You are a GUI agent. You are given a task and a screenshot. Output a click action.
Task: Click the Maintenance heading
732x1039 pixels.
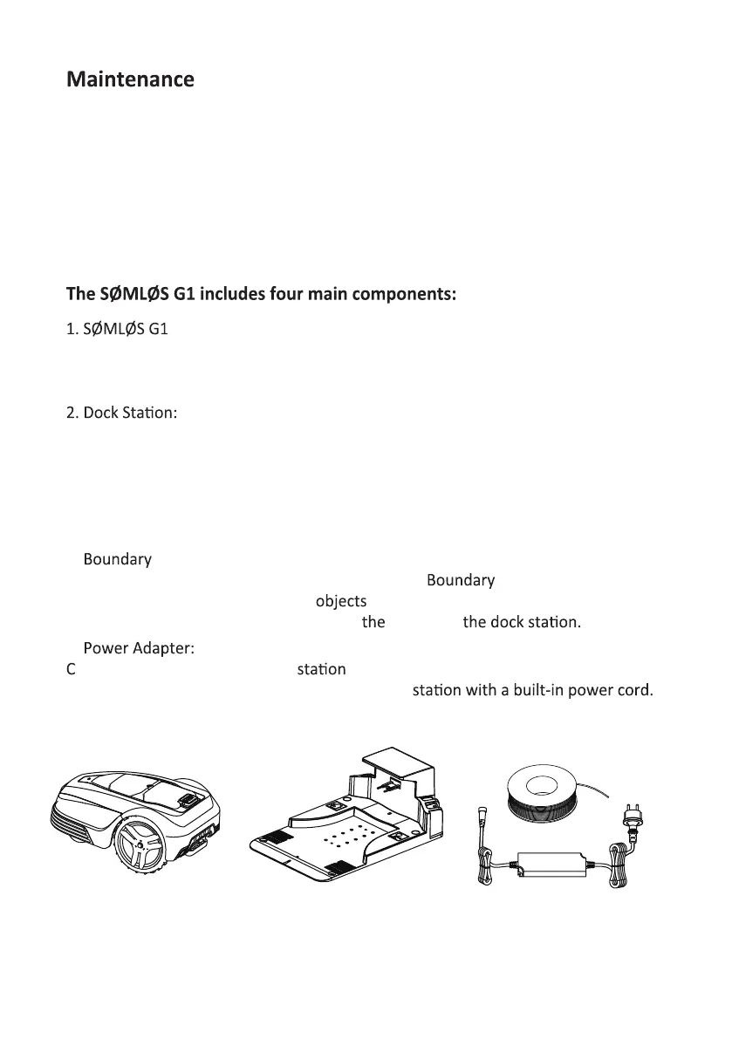pos(131,79)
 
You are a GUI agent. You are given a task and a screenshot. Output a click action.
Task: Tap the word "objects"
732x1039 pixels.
pos(341,601)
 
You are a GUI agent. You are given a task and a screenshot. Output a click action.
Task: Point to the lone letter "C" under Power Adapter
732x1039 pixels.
pos(72,670)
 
